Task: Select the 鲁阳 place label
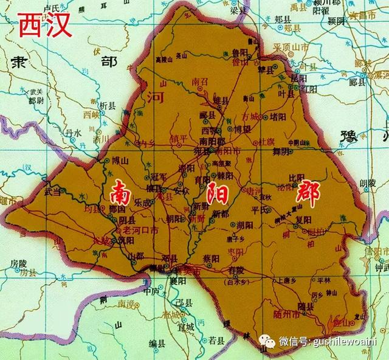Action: coord(242,53)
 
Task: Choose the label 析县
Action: coord(107,105)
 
